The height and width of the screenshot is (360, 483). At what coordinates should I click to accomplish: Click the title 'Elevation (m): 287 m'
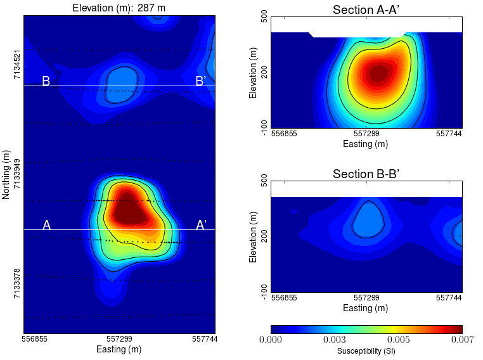tap(119, 8)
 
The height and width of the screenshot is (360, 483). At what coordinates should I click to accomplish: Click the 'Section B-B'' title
tap(366, 174)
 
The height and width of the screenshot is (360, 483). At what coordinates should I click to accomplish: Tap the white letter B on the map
tap(46, 81)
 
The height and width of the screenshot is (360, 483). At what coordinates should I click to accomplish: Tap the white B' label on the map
tap(200, 81)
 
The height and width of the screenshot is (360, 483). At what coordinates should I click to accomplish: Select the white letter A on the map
tap(46, 225)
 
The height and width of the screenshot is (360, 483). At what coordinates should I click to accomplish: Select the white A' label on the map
tap(201, 225)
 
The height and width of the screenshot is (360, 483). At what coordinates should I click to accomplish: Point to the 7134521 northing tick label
tap(17, 63)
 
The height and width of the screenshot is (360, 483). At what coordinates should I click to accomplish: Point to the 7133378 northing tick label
tap(17, 284)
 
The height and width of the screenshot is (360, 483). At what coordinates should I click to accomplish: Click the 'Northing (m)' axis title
tap(6, 174)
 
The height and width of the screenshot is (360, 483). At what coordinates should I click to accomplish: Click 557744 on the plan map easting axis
tap(203, 340)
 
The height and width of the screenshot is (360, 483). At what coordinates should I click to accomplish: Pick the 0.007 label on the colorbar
tap(461, 340)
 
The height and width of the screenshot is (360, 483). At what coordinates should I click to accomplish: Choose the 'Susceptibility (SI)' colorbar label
tap(366, 351)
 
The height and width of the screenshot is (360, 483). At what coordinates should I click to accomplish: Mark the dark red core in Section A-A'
tap(377, 73)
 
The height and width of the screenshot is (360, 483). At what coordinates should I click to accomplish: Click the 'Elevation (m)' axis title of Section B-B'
tap(254, 236)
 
